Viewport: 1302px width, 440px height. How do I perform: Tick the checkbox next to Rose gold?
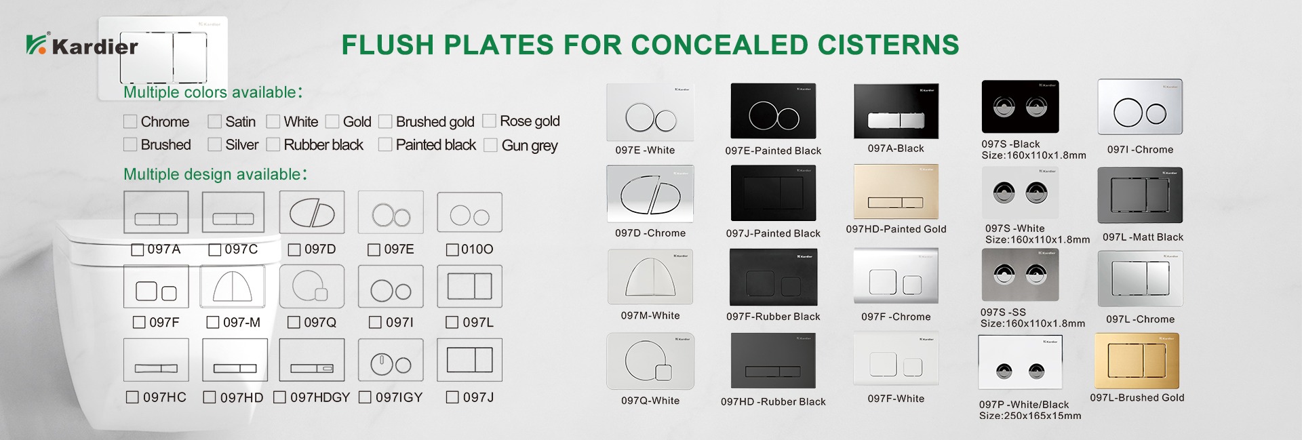pos(489,121)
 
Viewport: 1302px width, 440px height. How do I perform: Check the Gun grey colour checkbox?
pos(490,145)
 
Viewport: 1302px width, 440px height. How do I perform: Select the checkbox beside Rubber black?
pos(273,144)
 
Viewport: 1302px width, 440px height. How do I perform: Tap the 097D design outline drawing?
pos(312,212)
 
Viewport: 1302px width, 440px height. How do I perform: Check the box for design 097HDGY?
pos(279,397)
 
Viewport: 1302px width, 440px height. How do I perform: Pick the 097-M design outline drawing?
pos(233,286)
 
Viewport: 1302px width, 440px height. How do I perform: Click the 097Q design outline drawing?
pos(312,286)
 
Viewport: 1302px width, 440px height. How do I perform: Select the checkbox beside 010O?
pos(452,249)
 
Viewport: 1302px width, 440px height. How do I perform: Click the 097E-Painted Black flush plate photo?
pos(773,111)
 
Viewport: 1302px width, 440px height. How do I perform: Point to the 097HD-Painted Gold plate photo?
pos(896,192)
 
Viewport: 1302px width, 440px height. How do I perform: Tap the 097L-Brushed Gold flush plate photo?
pos(1137,361)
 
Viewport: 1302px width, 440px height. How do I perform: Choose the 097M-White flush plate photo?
pos(650,277)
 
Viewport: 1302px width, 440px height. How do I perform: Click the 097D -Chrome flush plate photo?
pos(650,193)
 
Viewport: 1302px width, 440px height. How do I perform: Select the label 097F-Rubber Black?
pos(773,317)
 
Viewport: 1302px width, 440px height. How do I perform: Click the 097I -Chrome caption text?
pos(1140,150)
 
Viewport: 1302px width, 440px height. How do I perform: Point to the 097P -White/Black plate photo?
pos(1021,363)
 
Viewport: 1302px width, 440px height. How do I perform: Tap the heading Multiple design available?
pos(215,174)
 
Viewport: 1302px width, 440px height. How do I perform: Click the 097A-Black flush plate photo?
pos(896,111)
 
